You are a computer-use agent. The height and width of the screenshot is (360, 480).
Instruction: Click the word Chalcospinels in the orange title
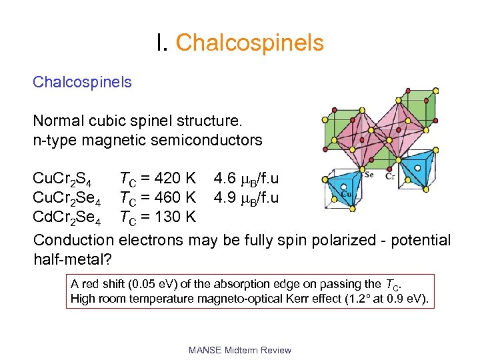(x=250, y=43)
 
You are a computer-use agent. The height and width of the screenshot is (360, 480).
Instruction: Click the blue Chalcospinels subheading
(x=82, y=83)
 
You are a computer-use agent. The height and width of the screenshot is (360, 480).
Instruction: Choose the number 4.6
(x=225, y=179)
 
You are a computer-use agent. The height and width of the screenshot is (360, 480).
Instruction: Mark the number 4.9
(x=225, y=198)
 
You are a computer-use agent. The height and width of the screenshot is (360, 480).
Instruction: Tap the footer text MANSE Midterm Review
(x=240, y=349)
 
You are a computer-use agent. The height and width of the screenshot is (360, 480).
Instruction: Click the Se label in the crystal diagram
(x=369, y=175)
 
